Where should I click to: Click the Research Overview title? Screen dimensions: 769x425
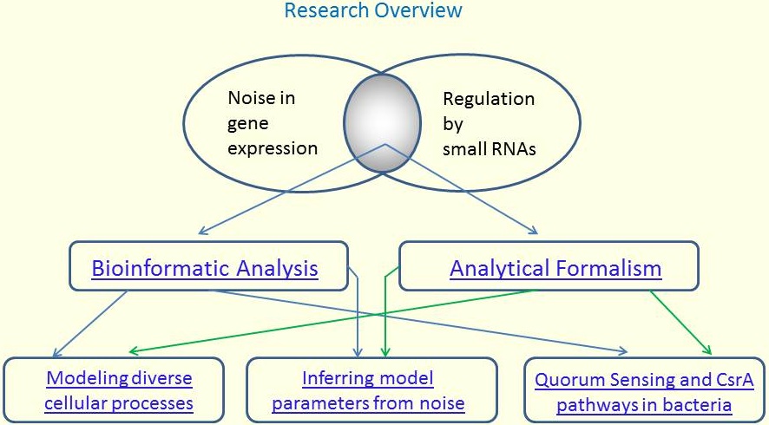[373, 10]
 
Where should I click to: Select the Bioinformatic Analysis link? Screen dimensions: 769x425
[205, 268]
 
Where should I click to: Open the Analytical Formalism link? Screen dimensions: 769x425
[555, 268]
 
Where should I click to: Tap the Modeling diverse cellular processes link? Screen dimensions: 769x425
[119, 390]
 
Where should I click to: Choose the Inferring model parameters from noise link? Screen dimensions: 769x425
[368, 390]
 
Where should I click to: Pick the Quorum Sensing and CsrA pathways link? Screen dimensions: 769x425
[644, 392]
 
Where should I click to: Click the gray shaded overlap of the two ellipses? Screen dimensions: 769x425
[382, 123]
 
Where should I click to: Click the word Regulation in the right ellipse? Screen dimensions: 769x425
[489, 100]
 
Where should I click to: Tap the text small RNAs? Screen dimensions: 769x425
[489, 149]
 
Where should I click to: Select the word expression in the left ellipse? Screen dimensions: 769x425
[273, 148]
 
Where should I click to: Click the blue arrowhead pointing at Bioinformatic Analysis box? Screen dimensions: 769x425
[203, 231]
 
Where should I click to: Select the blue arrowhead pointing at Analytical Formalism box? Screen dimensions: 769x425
[533, 230]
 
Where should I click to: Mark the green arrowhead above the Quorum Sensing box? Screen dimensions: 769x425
[707, 350]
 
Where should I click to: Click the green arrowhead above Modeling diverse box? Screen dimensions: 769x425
[134, 351]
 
